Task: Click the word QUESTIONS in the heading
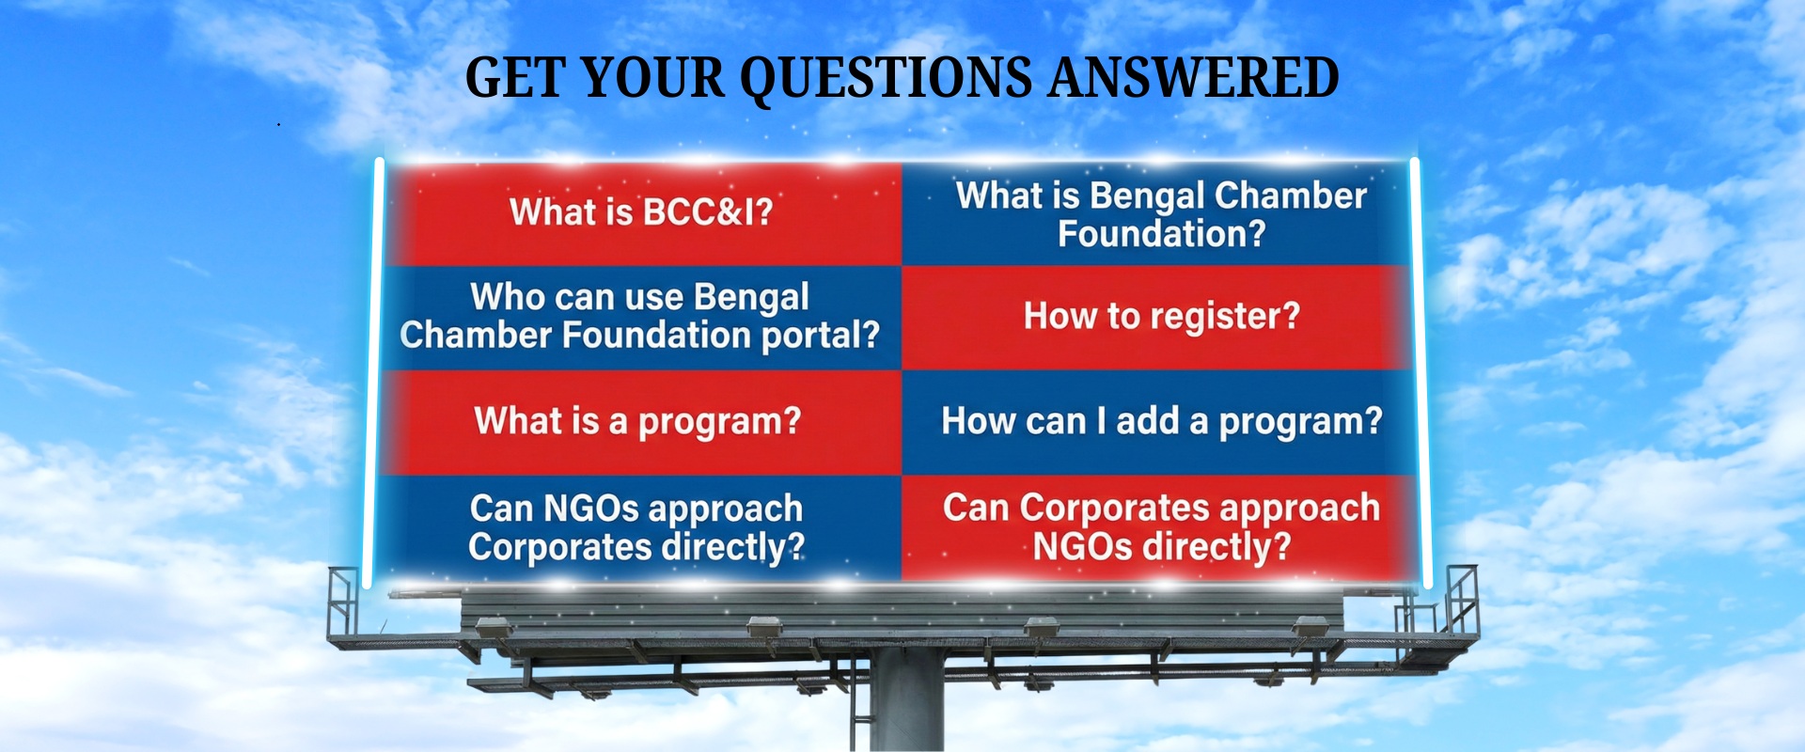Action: pos(886,78)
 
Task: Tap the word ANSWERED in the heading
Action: pos(1193,78)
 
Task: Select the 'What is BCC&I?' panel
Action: pos(641,212)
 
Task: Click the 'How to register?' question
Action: pos(1161,317)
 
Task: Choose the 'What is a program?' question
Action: pos(637,421)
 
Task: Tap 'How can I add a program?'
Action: pos(1161,421)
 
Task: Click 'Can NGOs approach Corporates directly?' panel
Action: pos(636,527)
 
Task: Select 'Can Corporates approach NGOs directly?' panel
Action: pos(1161,527)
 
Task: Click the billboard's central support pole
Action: pos(906,700)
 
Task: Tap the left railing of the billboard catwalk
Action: pos(343,602)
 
